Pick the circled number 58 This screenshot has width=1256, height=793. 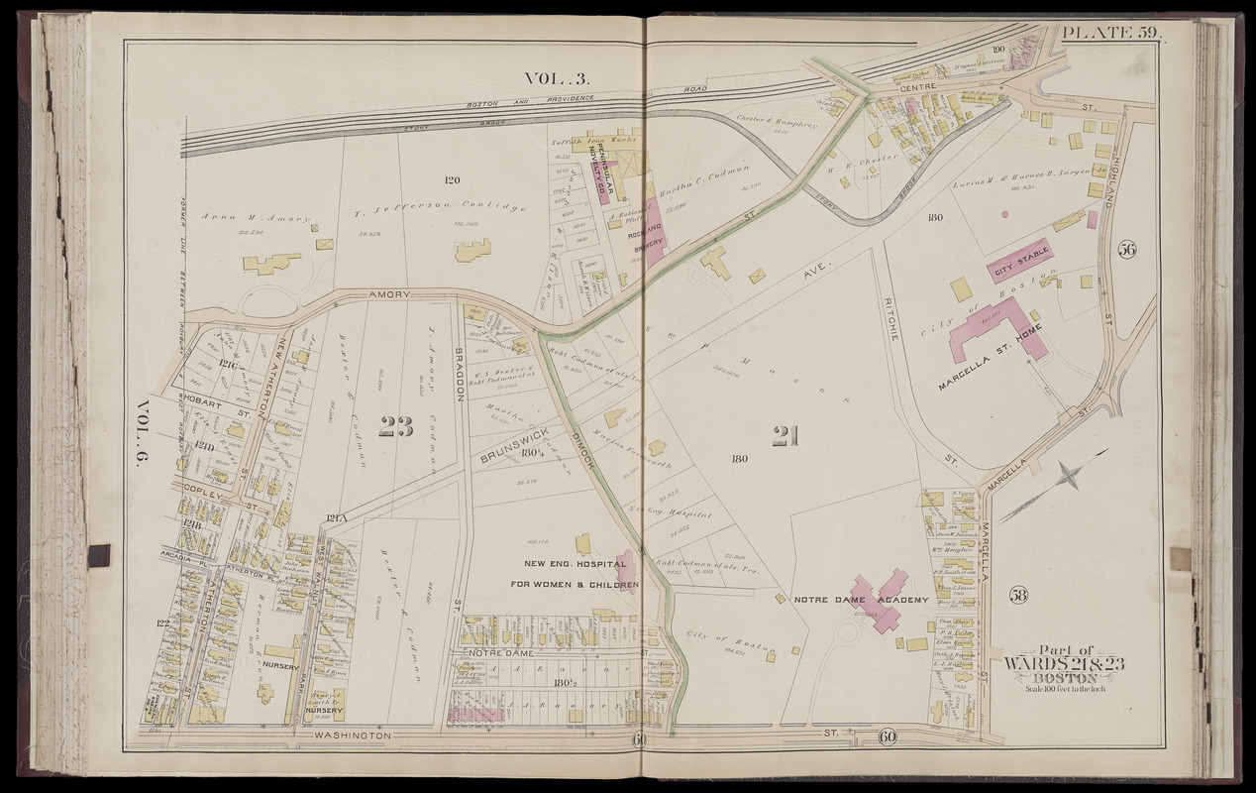pyautogui.click(x=1019, y=595)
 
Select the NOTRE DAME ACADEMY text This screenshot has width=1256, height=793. pyautogui.click(x=861, y=601)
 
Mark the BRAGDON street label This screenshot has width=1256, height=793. pyautogui.click(x=460, y=374)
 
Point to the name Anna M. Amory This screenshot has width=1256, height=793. pyautogui.click(x=255, y=218)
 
